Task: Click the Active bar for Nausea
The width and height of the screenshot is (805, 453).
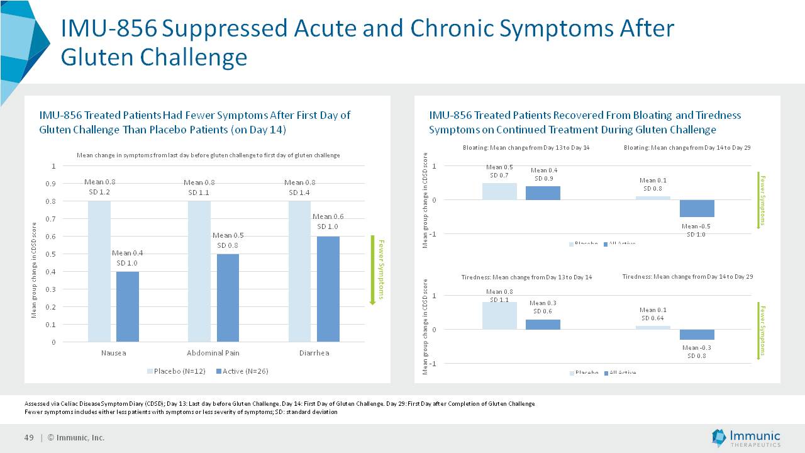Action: click(127, 306)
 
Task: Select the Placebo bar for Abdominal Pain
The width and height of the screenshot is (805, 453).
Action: click(199, 271)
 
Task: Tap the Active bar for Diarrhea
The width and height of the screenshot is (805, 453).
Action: click(328, 289)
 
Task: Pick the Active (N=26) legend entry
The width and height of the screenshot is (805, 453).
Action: click(242, 371)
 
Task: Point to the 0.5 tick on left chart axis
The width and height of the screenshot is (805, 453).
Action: click(53, 254)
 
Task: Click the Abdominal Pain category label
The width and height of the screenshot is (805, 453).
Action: click(213, 353)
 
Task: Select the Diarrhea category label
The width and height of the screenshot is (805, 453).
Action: click(314, 353)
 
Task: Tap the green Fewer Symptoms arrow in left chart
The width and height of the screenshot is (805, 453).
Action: click(372, 271)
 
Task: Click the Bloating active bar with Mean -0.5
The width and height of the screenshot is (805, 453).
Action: click(696, 208)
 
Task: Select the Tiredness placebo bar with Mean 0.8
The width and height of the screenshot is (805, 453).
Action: click(499, 315)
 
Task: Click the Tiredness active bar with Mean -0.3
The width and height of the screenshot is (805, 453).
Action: click(696, 335)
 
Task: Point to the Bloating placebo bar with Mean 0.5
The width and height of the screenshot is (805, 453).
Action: click(499, 191)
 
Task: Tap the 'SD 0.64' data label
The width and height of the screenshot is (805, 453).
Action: click(653, 318)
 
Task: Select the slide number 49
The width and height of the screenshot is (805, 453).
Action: click(28, 438)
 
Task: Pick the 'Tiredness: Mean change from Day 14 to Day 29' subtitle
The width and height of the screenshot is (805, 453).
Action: click(687, 276)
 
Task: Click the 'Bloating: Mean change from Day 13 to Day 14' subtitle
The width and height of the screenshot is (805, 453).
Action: click(521, 147)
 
